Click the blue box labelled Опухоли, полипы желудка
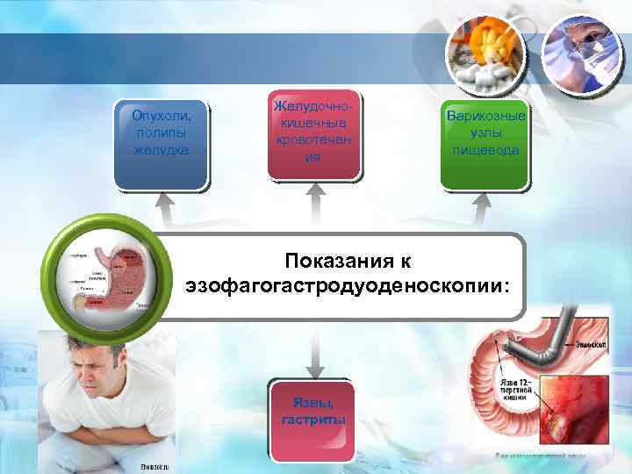[162, 146]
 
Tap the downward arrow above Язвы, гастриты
[313, 351]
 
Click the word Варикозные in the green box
[485, 116]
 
